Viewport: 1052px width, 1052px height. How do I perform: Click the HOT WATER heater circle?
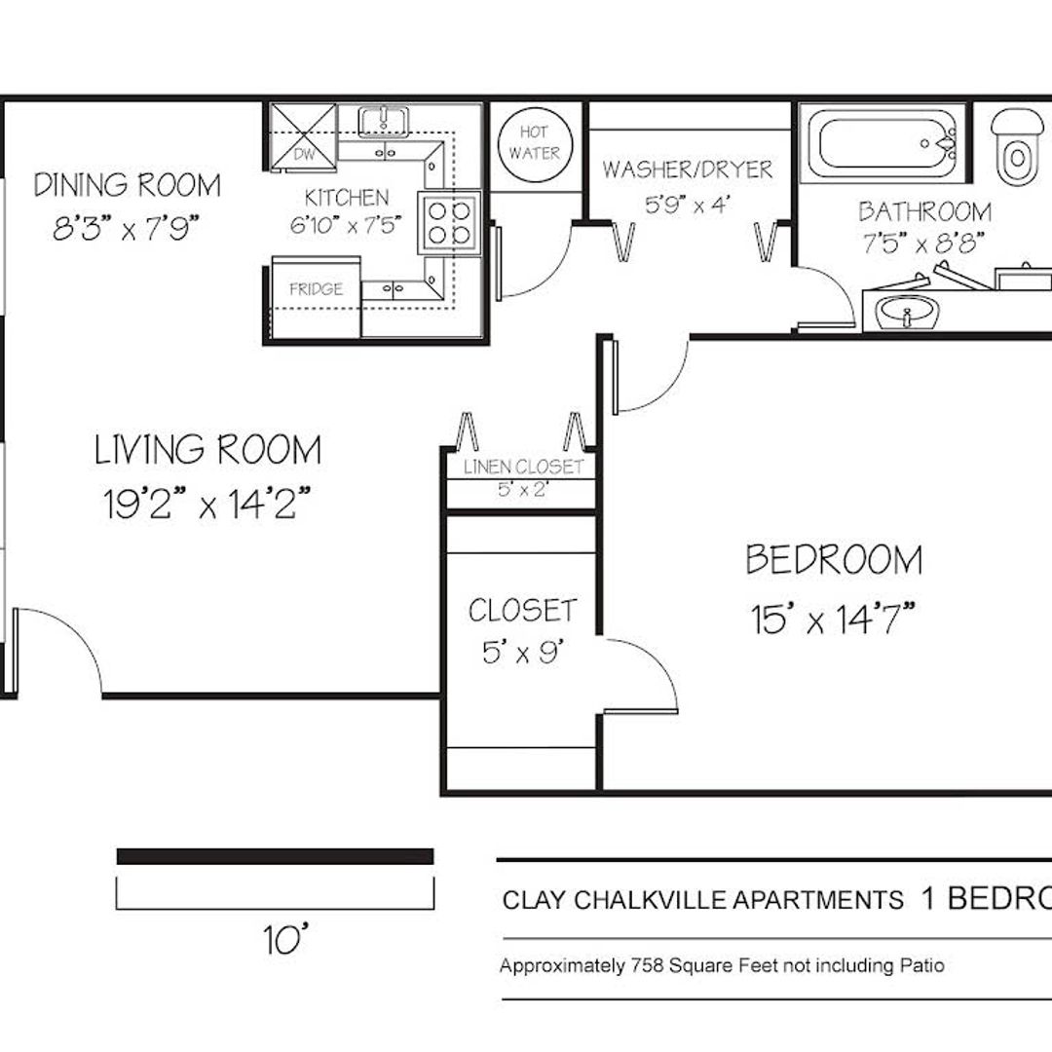tap(535, 144)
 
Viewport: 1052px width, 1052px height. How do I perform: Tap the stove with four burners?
tap(449, 223)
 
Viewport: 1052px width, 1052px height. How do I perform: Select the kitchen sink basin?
tap(383, 121)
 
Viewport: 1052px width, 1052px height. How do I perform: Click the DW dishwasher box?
tap(303, 137)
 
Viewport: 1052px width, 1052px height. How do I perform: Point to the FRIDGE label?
tap(316, 289)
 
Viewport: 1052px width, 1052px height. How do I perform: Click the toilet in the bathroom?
tap(1019, 146)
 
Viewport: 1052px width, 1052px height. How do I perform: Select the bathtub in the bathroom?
tap(883, 143)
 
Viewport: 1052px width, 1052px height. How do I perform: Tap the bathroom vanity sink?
tap(907, 312)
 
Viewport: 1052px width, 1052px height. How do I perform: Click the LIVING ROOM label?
tap(208, 449)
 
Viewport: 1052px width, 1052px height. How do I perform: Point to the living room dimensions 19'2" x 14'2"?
tap(207, 504)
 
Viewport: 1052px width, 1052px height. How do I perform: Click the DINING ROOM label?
tap(128, 184)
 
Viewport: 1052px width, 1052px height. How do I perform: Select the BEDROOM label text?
tap(834, 559)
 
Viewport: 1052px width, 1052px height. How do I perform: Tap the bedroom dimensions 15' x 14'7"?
tap(833, 618)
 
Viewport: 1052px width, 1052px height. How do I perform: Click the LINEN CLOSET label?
tap(523, 467)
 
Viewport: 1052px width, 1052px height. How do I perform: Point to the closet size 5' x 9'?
tap(522, 652)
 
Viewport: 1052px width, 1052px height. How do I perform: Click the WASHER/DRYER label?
tap(687, 169)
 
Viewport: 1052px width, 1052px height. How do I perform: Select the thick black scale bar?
tap(275, 857)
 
